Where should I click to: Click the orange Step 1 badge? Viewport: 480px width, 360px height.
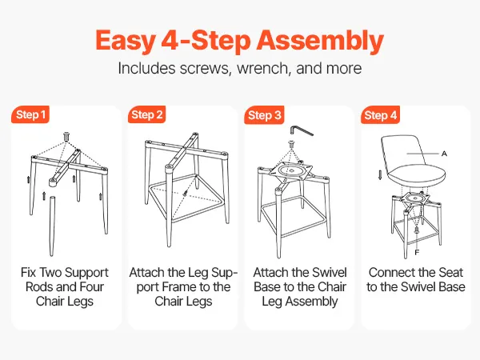(x=30, y=114)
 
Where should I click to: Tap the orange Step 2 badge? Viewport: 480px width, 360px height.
(x=146, y=114)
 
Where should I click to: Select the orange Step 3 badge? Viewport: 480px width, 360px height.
(x=264, y=115)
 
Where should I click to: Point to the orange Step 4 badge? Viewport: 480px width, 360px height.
(x=380, y=115)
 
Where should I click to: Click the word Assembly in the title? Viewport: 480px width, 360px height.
(x=320, y=41)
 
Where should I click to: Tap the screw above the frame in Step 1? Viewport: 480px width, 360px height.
(x=66, y=136)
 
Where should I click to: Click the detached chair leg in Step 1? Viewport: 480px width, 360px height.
(x=52, y=226)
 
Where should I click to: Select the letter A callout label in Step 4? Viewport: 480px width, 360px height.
(x=444, y=154)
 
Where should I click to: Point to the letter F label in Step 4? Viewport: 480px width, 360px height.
(x=417, y=253)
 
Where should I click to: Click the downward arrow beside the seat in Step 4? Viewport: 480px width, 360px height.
(x=380, y=175)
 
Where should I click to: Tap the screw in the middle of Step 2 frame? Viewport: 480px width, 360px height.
(x=186, y=193)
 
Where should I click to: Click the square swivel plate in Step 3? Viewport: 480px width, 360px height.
(x=291, y=170)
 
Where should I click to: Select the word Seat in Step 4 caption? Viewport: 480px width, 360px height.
(x=451, y=273)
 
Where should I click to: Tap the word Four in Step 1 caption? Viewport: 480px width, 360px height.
(x=91, y=287)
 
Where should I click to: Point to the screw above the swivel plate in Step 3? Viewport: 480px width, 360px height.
(x=291, y=143)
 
